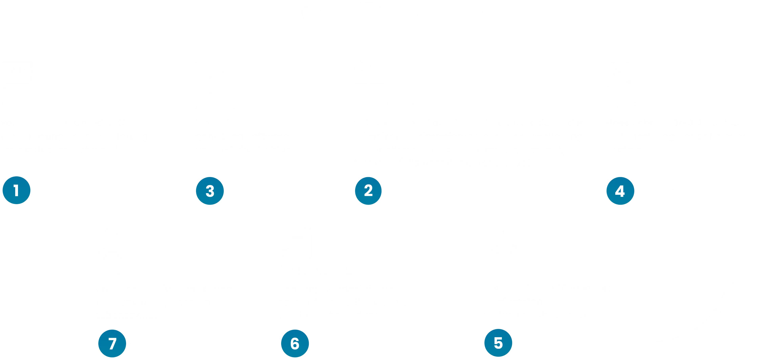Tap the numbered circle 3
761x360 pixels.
click(210, 191)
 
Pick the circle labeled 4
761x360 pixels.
click(620, 191)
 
